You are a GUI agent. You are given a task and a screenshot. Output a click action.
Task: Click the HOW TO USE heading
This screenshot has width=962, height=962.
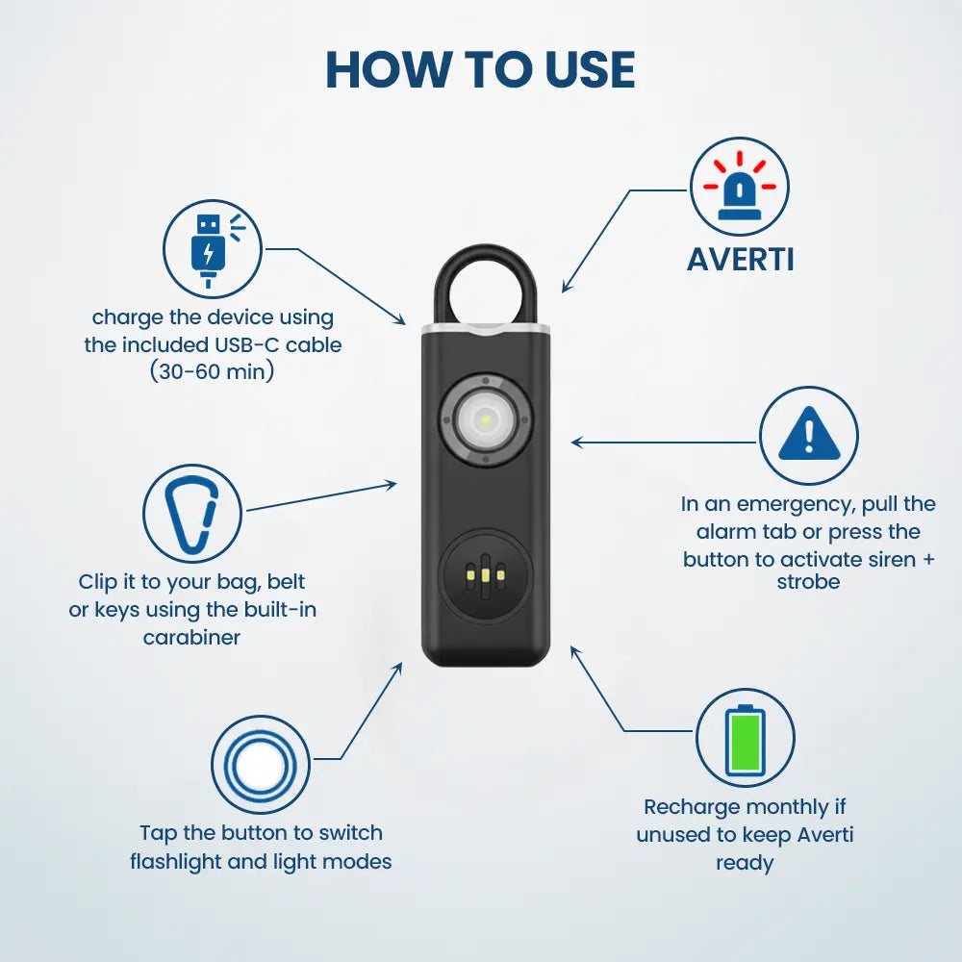pos(480,69)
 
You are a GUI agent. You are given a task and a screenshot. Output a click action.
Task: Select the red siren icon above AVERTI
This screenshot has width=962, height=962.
pos(739,187)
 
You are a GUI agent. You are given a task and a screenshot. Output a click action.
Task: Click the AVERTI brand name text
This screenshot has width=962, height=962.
pos(740,259)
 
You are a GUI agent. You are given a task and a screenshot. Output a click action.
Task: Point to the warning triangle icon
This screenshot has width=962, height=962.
pos(808,436)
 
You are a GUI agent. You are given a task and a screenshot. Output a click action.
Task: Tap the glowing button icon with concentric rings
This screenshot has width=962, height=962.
pos(261,765)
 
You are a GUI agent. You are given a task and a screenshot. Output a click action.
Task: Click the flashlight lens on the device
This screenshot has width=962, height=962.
pos(486,420)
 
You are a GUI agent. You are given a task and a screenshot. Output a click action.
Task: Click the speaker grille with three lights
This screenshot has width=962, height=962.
pos(485,574)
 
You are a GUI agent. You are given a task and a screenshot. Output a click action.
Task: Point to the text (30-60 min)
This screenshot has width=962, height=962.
pos(213,370)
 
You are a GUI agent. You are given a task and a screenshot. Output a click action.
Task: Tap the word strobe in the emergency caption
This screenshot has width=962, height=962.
pos(808,581)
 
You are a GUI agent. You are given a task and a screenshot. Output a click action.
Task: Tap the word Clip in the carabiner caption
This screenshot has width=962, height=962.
pos(99,582)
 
